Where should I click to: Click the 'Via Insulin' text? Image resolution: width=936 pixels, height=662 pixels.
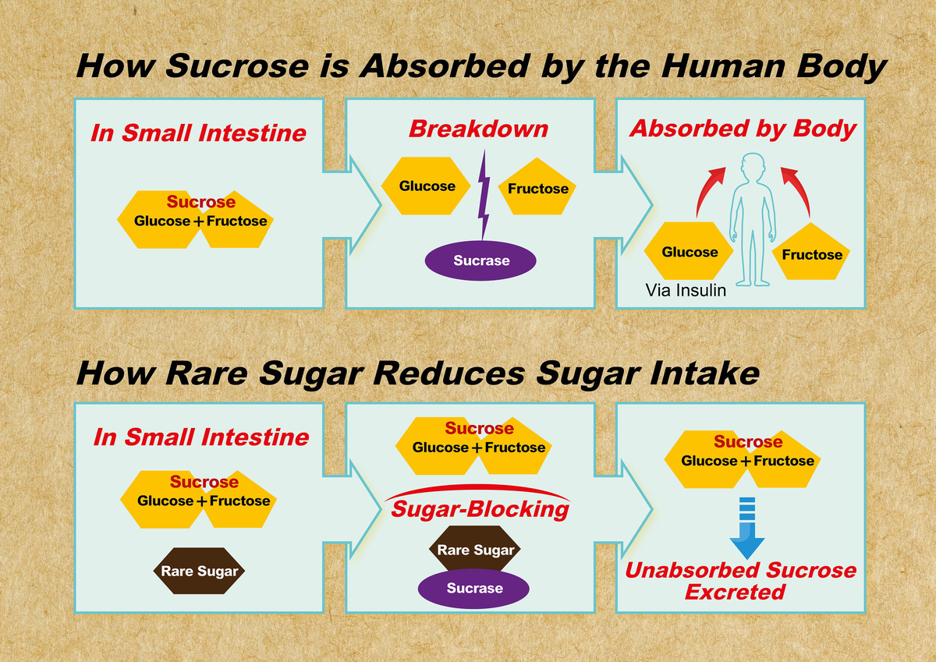(x=686, y=291)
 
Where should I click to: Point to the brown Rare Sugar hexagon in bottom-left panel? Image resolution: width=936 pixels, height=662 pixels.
(x=200, y=572)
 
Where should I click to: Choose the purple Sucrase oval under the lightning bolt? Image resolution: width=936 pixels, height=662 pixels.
(x=481, y=260)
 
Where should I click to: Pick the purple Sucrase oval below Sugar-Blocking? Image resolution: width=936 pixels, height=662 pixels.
(x=474, y=588)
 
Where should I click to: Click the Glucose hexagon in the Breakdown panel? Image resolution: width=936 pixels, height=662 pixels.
(x=427, y=186)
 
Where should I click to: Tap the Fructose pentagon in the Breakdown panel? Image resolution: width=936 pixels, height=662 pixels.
(x=537, y=189)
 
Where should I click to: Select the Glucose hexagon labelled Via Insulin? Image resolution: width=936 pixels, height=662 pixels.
(x=690, y=252)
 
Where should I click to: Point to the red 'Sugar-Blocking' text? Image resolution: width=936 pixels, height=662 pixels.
(x=480, y=510)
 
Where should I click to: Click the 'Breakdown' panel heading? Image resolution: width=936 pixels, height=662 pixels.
(x=478, y=129)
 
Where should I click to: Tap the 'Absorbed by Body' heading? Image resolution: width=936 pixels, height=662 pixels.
(x=743, y=129)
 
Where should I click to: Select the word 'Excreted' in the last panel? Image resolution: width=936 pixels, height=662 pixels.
(x=735, y=592)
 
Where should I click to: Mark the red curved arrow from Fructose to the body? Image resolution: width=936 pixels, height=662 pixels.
(x=798, y=190)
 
